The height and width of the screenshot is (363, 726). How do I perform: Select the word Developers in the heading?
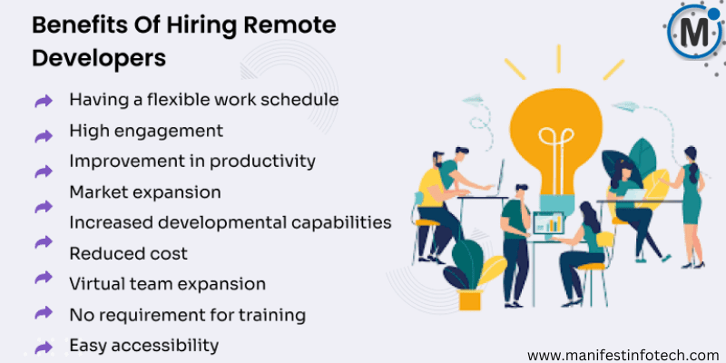pos(100,56)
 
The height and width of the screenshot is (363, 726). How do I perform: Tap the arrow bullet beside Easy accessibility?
pos(43,347)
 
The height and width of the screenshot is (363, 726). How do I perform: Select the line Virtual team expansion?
pos(167,283)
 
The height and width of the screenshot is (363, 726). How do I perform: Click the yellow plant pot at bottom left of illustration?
pos(470,299)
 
